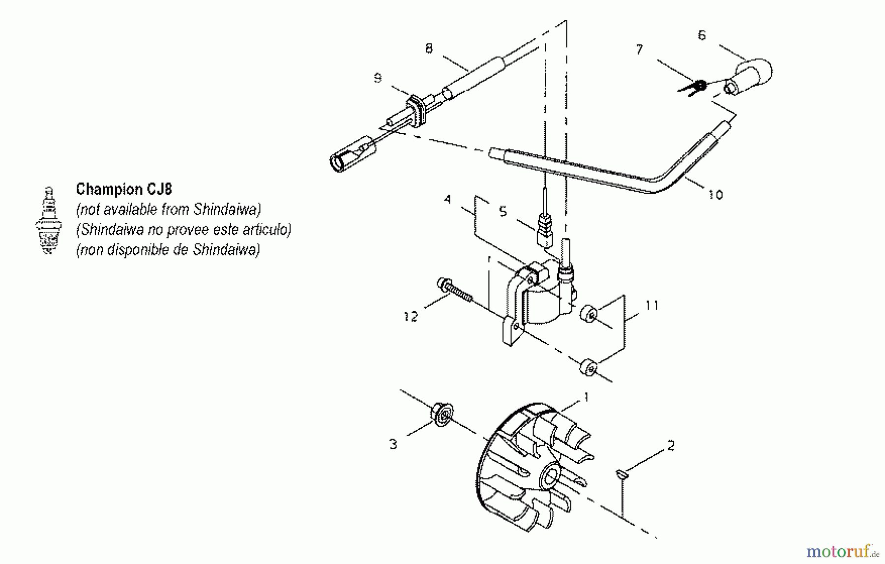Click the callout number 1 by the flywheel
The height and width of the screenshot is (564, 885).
pos(585,397)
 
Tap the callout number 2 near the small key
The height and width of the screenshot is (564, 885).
pos(671,445)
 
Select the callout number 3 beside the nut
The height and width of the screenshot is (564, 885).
pos(393,444)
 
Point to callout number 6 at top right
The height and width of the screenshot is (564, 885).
pos(702,35)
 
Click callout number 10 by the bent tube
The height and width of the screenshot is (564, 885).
pos(715,195)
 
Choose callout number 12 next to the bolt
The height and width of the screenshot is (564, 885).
pos(411,316)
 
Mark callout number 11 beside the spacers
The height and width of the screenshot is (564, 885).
pos(651,305)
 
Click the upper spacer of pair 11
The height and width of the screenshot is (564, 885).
pos(589,314)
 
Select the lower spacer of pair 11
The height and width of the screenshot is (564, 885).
pos(589,367)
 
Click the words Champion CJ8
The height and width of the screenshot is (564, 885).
pos(123,189)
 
